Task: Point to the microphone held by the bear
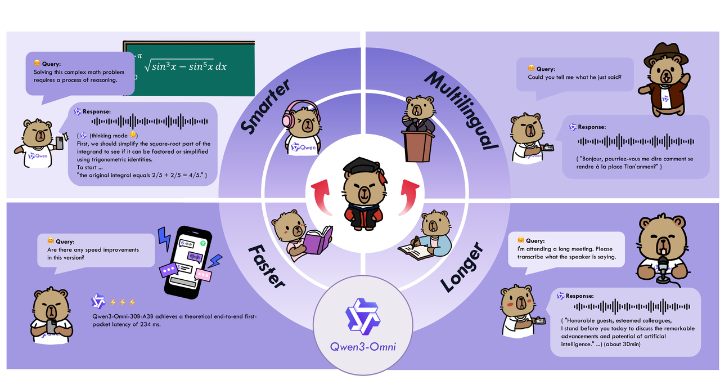pos(663,265)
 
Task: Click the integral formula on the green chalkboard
pos(186,67)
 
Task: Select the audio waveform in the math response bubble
pos(150,121)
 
